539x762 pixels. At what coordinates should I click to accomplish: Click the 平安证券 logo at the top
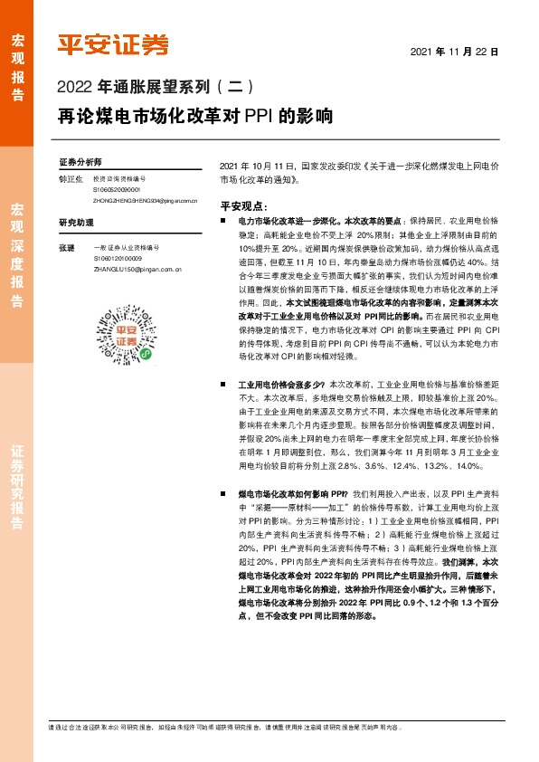113,44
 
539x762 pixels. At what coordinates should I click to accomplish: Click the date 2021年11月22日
455,52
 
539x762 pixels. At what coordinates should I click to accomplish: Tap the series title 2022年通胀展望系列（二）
159,89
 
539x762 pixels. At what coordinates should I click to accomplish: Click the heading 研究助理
75,222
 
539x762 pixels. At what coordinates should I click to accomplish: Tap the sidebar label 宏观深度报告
17,245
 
